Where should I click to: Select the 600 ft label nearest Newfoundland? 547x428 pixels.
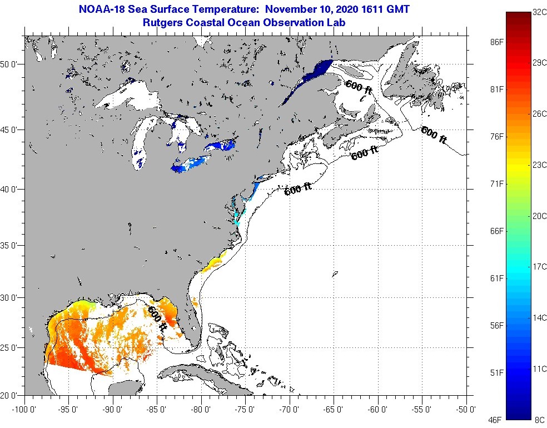point(434,135)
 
